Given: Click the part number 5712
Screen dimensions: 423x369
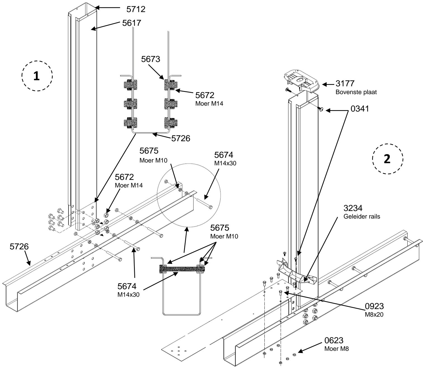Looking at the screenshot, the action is point(136,9).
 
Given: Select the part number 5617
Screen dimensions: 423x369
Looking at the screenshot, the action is point(132,23).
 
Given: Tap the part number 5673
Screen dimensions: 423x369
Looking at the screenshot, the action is point(151,59).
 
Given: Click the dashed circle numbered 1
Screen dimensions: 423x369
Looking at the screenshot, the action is point(37,76).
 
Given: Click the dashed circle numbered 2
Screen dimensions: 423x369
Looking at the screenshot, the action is point(388,159).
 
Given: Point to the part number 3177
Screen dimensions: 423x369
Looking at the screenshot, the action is point(345,84).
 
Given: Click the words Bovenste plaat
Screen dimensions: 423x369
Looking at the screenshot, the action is point(356,92).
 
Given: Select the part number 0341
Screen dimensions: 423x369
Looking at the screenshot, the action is point(360,109).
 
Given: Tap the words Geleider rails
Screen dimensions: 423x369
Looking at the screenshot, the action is point(362,217).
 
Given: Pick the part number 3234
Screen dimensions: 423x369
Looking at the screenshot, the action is point(353,208).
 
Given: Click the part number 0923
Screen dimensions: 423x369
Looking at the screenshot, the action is point(374,306).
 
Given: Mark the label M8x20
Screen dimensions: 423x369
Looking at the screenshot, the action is point(374,315).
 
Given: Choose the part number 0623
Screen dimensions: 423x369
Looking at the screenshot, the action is point(334,340).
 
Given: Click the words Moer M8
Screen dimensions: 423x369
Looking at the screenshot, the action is point(337,349).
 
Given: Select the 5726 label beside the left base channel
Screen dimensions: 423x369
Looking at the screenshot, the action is point(19,247).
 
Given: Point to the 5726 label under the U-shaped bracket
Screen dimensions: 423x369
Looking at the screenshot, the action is point(181,138).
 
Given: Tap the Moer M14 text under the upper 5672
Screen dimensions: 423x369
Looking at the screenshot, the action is point(209,104).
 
